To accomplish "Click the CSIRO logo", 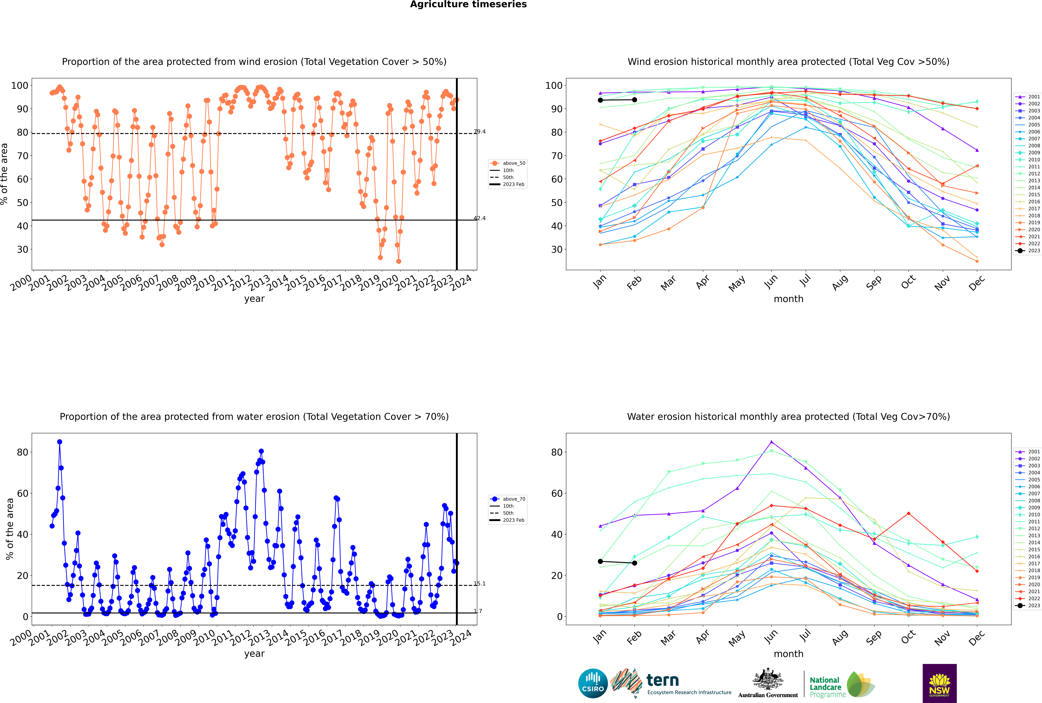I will [x=593, y=683].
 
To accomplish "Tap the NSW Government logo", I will [x=939, y=683].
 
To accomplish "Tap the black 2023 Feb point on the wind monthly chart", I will [x=634, y=100].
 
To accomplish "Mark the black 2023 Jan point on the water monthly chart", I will [x=600, y=561].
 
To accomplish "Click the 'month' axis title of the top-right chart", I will [x=788, y=299].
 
